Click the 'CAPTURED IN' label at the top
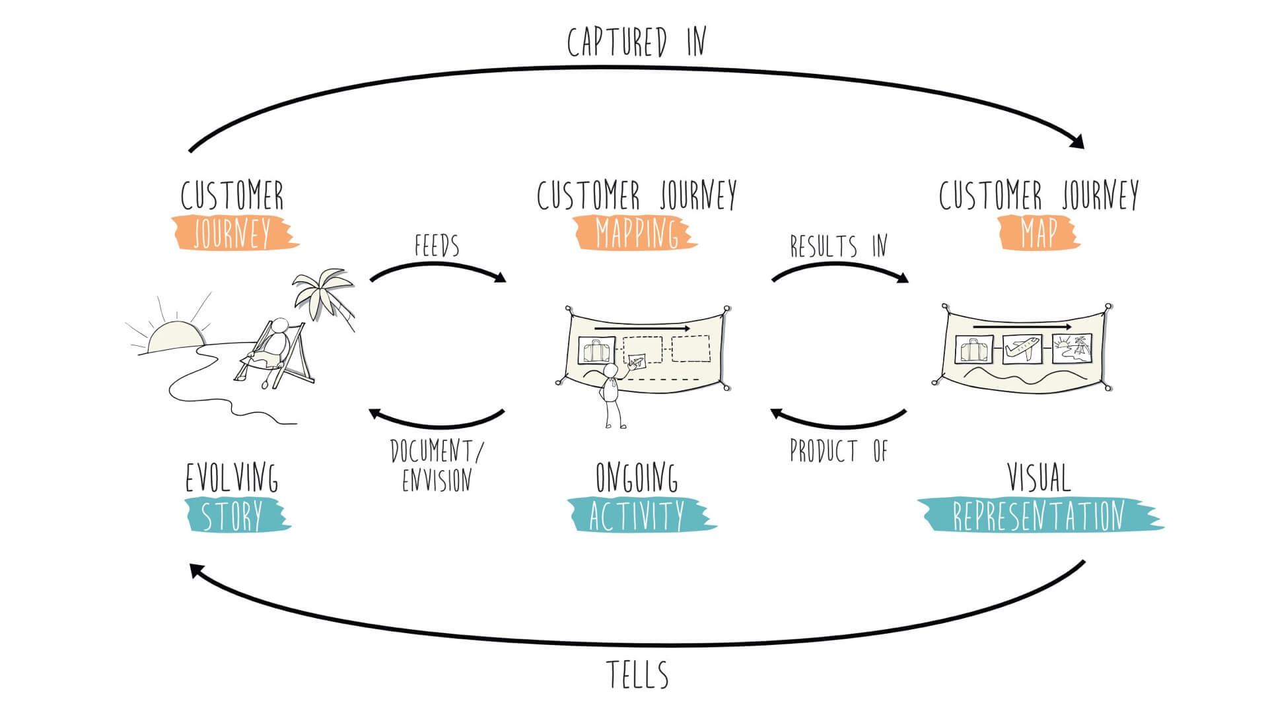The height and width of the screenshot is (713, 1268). tap(637, 42)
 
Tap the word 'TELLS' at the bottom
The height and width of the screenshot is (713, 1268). tap(637, 675)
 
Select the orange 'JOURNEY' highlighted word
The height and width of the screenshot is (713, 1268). tap(232, 232)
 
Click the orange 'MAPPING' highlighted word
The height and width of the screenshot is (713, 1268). tap(636, 233)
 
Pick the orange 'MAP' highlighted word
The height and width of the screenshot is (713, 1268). tap(1039, 232)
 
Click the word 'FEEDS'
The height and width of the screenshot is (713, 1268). tap(437, 246)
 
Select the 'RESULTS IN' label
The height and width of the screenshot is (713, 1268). tap(839, 246)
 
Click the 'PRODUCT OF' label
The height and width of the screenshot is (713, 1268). tap(839, 452)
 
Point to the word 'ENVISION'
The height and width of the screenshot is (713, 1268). tap(437, 480)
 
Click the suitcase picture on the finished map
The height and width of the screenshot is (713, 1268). tap(973, 350)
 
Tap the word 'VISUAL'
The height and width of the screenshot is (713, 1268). tap(1038, 477)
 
